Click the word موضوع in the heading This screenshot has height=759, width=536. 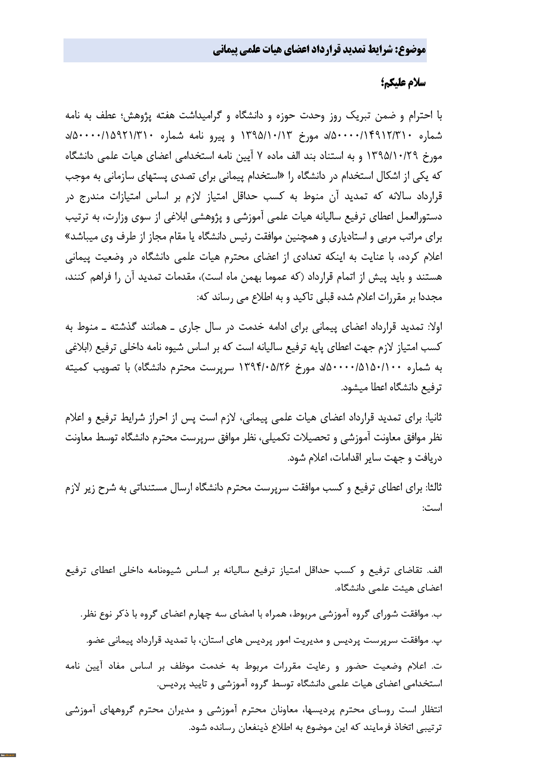pos(411,50)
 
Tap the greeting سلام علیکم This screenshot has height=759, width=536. pos(404,83)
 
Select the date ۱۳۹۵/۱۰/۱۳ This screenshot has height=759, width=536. pos(267,135)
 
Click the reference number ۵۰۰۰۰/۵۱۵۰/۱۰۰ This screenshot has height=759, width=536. pos(361,367)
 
